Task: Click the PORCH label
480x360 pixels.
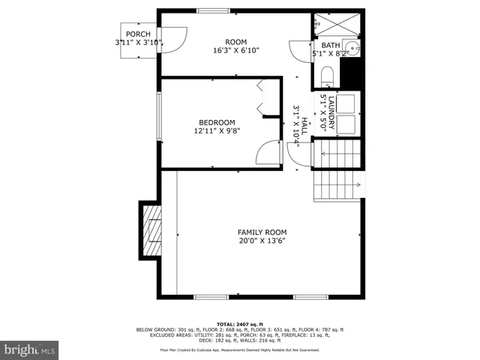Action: pos(137,34)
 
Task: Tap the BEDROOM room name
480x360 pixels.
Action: pos(217,123)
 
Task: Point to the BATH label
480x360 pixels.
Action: pos(331,46)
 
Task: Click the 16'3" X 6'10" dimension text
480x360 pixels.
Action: pos(236,51)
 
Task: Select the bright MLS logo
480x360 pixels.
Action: pos(29,349)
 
